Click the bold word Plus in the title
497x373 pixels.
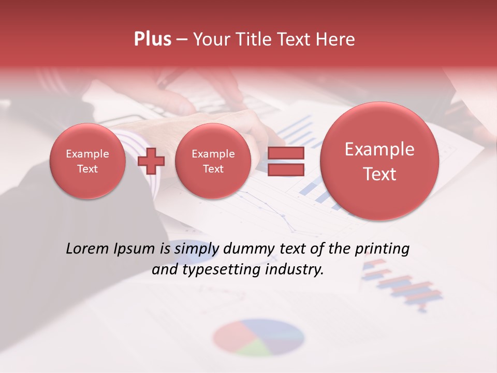pyautogui.click(x=152, y=39)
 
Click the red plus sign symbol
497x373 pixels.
pyautogui.click(x=151, y=161)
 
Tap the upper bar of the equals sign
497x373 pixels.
pyautogui.click(x=285, y=154)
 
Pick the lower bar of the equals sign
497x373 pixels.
pyautogui.click(x=285, y=169)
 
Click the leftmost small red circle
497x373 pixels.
pyautogui.click(x=87, y=161)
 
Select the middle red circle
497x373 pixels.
pyautogui.click(x=213, y=161)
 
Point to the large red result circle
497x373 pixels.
pyautogui.click(x=379, y=161)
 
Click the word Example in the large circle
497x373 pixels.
pyautogui.click(x=379, y=149)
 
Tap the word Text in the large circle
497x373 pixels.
pyautogui.click(x=379, y=174)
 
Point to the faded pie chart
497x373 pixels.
pyautogui.click(x=258, y=337)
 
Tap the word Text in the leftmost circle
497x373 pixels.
pyautogui.click(x=87, y=168)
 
